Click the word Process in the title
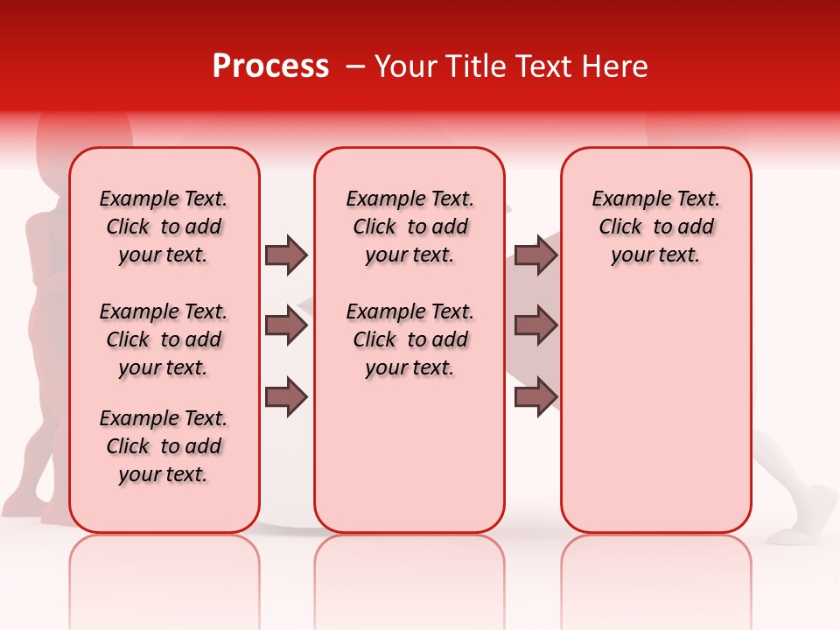(x=270, y=66)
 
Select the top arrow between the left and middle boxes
(x=286, y=255)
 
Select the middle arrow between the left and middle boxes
(x=286, y=325)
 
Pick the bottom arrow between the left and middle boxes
(x=286, y=396)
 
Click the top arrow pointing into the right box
(x=535, y=255)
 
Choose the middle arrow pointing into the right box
(x=535, y=325)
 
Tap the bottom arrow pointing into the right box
(x=535, y=396)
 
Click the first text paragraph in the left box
(x=164, y=227)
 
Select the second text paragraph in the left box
(x=164, y=339)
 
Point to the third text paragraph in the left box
(x=164, y=446)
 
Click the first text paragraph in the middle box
(x=409, y=227)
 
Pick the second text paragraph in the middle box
(x=409, y=339)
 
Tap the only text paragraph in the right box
(x=655, y=227)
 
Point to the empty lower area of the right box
(x=655, y=411)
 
